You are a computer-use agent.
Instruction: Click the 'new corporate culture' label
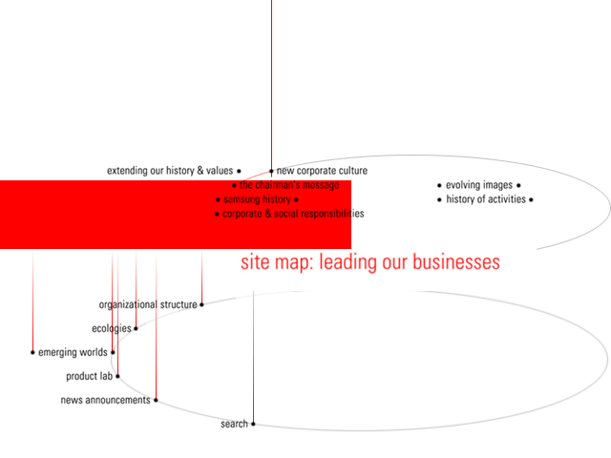pyautogui.click(x=322, y=171)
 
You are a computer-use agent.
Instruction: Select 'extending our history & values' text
pyautogui.click(x=170, y=171)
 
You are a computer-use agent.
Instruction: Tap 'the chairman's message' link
pyautogui.click(x=289, y=185)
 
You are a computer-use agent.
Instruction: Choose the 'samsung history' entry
pyautogui.click(x=257, y=199)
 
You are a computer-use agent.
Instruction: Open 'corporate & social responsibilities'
pyautogui.click(x=293, y=214)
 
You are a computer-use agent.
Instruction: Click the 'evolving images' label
pyautogui.click(x=479, y=185)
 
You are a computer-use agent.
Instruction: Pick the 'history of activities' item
pyautogui.click(x=486, y=199)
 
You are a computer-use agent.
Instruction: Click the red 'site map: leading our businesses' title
pyautogui.click(x=370, y=262)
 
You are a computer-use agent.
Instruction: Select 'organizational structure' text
pyautogui.click(x=148, y=304)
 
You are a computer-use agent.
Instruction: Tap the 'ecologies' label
pyautogui.click(x=112, y=328)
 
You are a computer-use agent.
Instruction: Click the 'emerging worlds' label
pyautogui.click(x=73, y=352)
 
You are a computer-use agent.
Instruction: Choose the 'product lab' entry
pyautogui.click(x=89, y=376)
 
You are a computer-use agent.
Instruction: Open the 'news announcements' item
pyautogui.click(x=105, y=400)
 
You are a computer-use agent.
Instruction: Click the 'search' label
pyautogui.click(x=234, y=424)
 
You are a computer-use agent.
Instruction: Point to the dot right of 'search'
pyautogui.click(x=253, y=424)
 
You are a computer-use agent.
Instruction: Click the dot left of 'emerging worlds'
pyautogui.click(x=32, y=352)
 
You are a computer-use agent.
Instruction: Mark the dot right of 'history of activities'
pyautogui.click(x=531, y=199)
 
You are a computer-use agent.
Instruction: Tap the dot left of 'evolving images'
pyautogui.click(x=439, y=185)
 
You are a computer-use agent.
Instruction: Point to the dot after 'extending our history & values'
pyautogui.click(x=239, y=171)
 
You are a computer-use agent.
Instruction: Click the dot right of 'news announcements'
pyautogui.click(x=156, y=400)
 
